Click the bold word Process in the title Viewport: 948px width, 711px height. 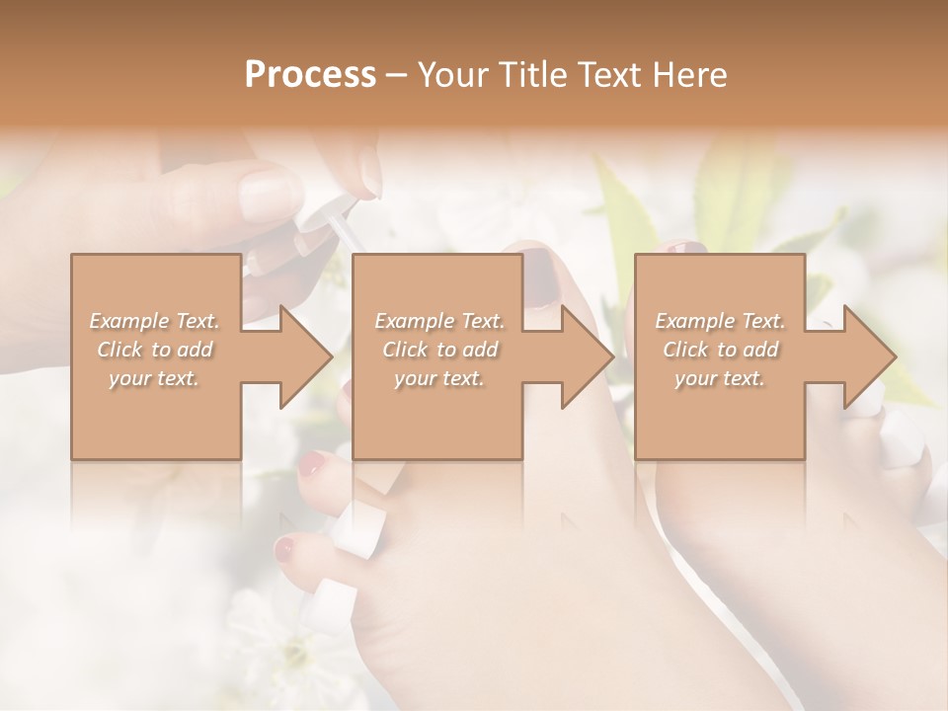click(x=310, y=74)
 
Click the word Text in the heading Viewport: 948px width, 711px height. click(x=606, y=74)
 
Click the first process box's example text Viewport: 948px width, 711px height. click(x=155, y=350)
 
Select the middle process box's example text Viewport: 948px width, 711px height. click(x=439, y=350)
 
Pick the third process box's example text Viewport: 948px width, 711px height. click(x=720, y=350)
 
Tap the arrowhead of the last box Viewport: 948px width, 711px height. click(x=868, y=356)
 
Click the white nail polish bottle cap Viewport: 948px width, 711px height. click(x=325, y=206)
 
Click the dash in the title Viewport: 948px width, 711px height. click(x=397, y=75)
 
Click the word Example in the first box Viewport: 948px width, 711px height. click(x=128, y=321)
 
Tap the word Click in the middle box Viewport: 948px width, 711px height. click(x=405, y=350)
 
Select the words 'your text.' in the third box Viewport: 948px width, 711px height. click(x=720, y=378)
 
